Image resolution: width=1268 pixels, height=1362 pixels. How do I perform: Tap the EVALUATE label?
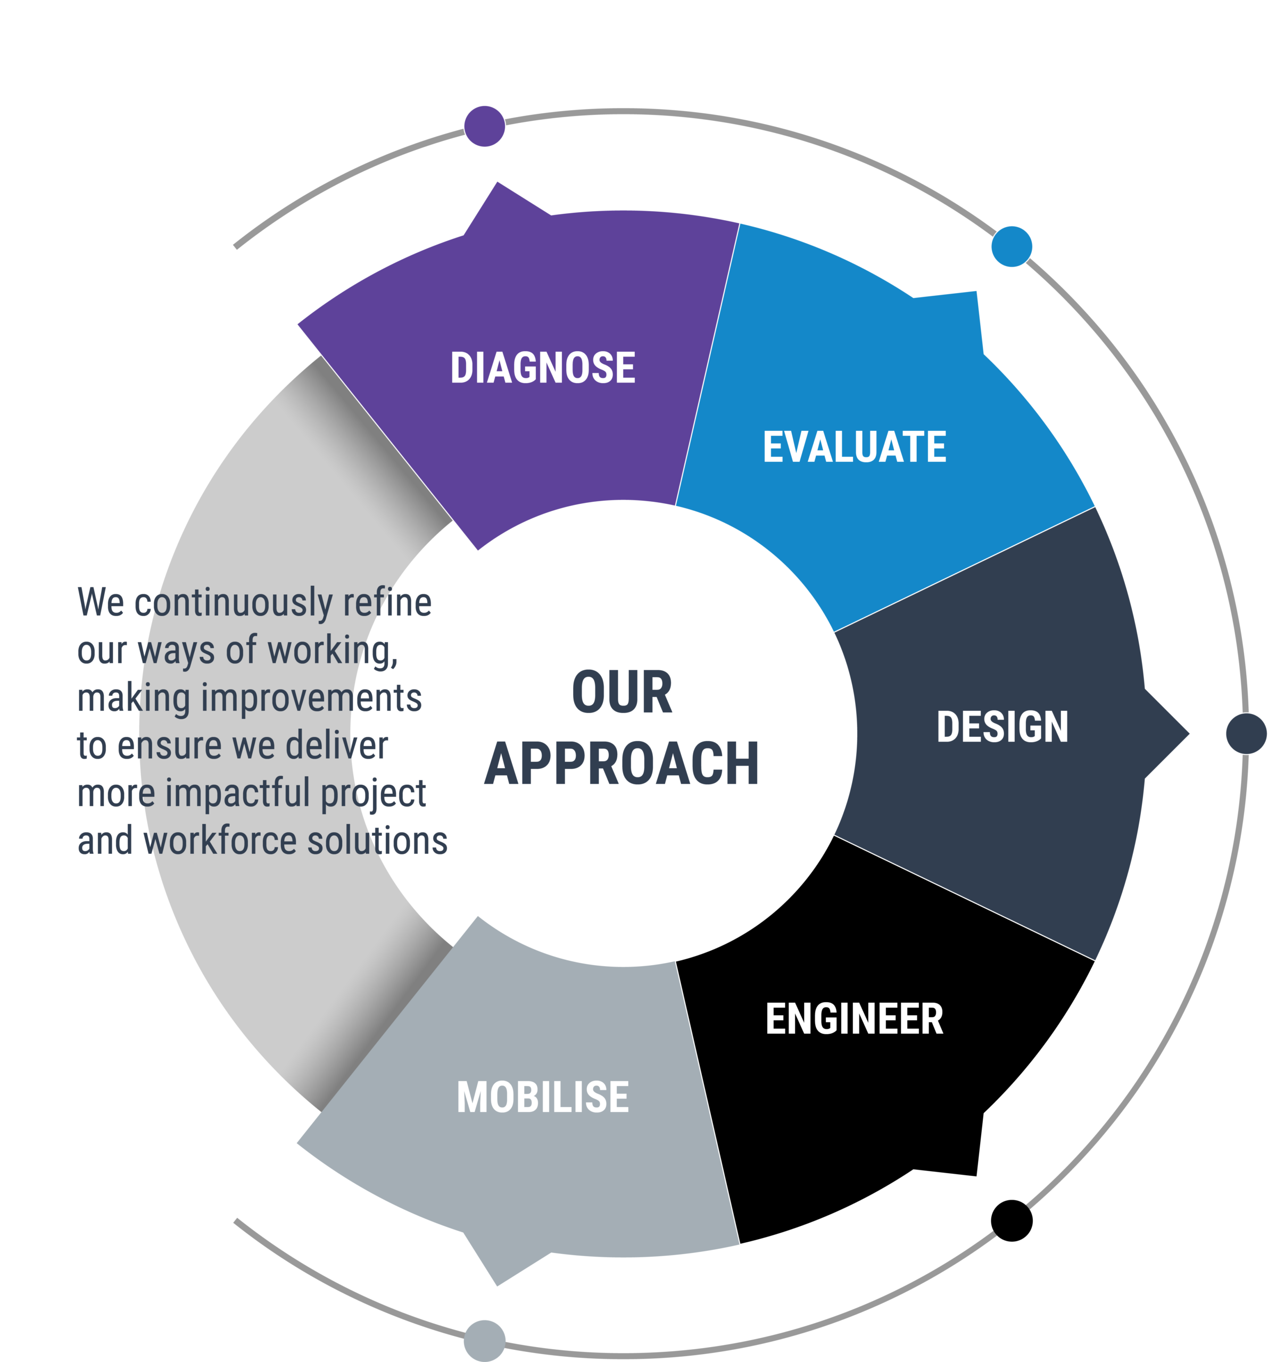coord(854,447)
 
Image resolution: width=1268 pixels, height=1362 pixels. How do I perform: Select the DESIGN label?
coord(1002,726)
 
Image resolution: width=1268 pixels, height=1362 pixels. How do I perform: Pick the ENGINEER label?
coord(854,1018)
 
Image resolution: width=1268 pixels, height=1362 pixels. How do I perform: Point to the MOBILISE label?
coord(543,1097)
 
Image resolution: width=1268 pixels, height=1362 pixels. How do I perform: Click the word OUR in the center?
coord(621,692)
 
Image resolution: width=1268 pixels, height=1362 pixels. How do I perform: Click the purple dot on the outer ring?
coord(484,126)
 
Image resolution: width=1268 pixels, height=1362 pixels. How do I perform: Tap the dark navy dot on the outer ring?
coord(1246,734)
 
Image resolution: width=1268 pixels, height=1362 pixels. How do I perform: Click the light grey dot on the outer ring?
coord(484,1341)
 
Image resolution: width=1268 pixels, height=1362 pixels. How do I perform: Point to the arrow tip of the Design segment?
coord(1189,734)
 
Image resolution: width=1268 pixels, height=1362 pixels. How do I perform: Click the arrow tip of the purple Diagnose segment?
coord(498,182)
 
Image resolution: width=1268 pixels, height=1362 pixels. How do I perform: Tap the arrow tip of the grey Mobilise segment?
coord(498,1285)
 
